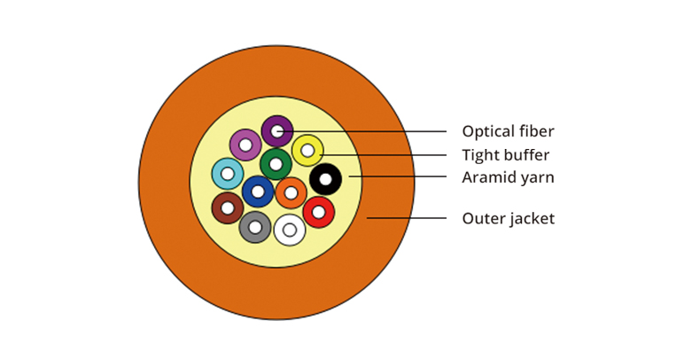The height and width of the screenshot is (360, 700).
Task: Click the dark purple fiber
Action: [277, 131]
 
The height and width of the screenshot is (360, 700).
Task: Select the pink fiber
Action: [245, 145]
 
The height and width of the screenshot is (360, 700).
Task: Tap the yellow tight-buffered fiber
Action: [307, 151]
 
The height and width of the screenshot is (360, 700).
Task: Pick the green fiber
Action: [276, 164]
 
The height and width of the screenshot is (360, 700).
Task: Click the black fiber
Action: [325, 180]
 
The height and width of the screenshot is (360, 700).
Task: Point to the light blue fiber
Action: [228, 173]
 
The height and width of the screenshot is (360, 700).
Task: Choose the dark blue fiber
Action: [258, 192]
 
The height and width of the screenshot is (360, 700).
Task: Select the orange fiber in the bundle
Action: [291, 192]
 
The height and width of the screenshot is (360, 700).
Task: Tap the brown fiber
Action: [228, 207]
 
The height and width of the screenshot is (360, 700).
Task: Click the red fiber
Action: [318, 212]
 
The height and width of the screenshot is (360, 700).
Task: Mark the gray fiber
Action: [255, 227]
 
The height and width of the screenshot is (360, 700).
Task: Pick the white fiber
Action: [290, 230]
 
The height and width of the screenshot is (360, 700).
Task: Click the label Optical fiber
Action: [508, 132]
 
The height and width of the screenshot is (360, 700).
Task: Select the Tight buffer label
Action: [505, 155]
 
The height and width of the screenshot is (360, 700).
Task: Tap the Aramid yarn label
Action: [508, 177]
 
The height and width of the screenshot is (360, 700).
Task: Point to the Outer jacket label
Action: [508, 218]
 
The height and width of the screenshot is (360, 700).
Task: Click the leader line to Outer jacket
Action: [407, 217]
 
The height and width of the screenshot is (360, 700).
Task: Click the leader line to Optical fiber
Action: [372, 132]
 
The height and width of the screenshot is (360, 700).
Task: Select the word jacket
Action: [532, 218]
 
